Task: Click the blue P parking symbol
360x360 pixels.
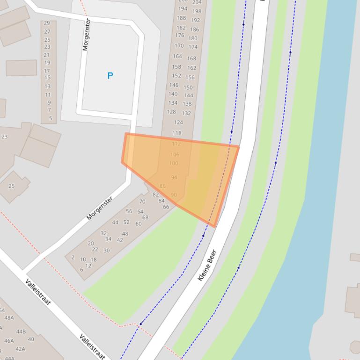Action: point(110,76)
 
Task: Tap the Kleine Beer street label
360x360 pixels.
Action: point(207,265)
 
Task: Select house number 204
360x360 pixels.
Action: point(197,2)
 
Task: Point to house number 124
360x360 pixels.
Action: point(178,122)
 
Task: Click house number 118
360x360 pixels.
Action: point(177,133)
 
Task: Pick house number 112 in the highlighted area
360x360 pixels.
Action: point(176,144)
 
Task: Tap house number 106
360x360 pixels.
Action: point(175,155)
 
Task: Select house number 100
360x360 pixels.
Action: point(174,164)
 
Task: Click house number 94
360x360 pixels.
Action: point(174,178)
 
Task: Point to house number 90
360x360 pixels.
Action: point(174,195)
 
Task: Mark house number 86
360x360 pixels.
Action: point(162,186)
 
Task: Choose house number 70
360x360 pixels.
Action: point(142,202)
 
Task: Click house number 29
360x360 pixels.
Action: point(47,23)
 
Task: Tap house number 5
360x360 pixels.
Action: point(51,119)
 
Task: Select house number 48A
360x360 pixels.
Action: point(9,318)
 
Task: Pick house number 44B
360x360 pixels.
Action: point(21,332)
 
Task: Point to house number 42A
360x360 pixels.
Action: point(20,349)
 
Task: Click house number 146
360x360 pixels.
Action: point(174,85)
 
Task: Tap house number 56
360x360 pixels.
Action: point(129,211)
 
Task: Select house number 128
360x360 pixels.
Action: point(171,112)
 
